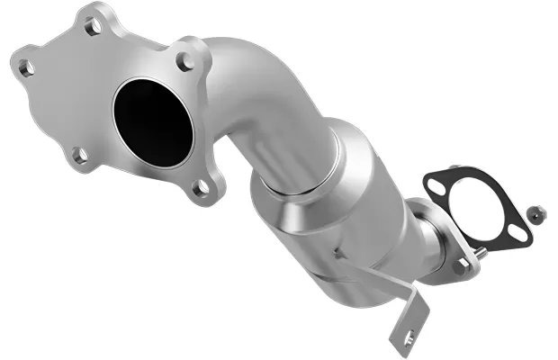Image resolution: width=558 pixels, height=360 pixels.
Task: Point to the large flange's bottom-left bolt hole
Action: click(x=80, y=155)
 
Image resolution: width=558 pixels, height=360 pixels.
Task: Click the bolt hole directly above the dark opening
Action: click(x=184, y=62)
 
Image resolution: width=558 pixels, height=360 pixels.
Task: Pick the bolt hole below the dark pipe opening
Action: click(x=203, y=187)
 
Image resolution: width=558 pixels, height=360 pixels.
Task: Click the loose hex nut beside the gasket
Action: click(x=535, y=212)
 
